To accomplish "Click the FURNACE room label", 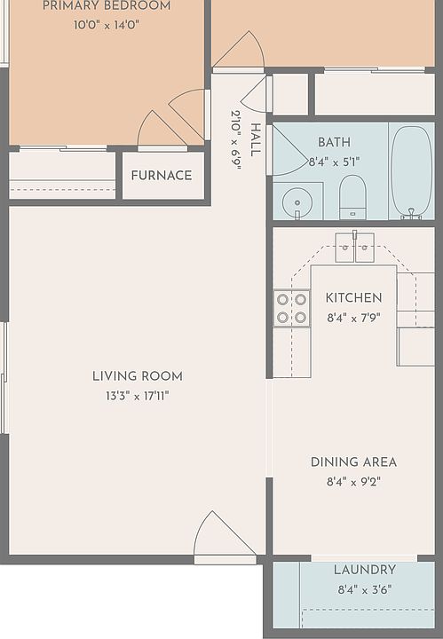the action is pyautogui.click(x=162, y=176).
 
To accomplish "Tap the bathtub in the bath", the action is pyautogui.click(x=411, y=172).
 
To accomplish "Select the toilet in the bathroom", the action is pyautogui.click(x=352, y=197).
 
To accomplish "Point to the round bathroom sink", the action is pyautogui.click(x=297, y=202).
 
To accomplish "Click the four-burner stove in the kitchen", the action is pyautogui.click(x=291, y=308).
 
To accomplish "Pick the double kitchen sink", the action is pyautogui.click(x=354, y=247).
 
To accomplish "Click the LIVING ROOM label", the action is pyautogui.click(x=138, y=376).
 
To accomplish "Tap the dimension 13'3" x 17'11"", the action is pyautogui.click(x=138, y=396).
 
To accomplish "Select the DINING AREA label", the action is pyautogui.click(x=353, y=462).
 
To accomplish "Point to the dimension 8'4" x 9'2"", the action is pyautogui.click(x=353, y=482).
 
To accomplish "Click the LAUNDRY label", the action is pyautogui.click(x=365, y=570).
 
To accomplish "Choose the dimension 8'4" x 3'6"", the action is pyautogui.click(x=365, y=589).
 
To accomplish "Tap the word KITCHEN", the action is pyautogui.click(x=353, y=298).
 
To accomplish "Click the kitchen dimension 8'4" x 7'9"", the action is pyautogui.click(x=353, y=318).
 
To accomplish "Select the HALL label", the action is pyautogui.click(x=255, y=140).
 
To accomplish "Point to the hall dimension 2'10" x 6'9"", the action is pyautogui.click(x=236, y=140).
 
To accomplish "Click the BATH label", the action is pyautogui.click(x=334, y=142).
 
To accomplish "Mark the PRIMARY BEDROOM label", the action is pyautogui.click(x=107, y=5).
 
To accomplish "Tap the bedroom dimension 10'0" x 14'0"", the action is pyautogui.click(x=107, y=25).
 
